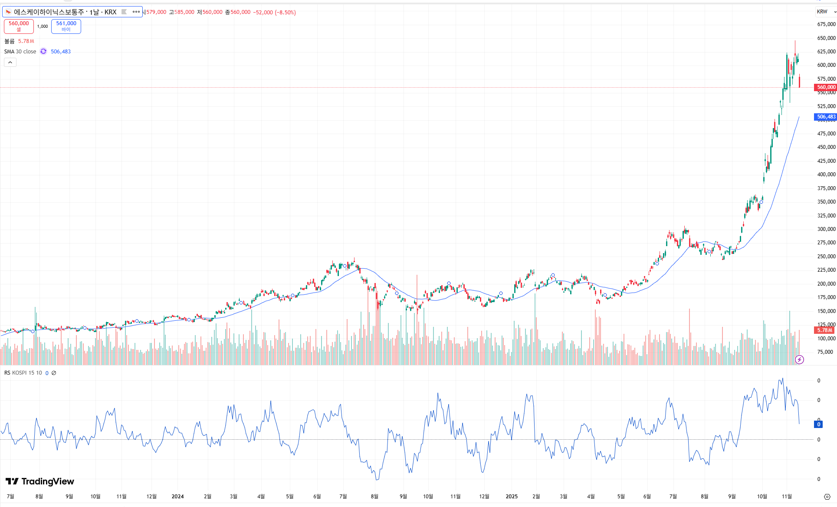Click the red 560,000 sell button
coord(19,26)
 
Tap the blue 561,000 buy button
coord(66,26)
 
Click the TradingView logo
coord(40,481)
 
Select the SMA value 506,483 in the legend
coord(61,52)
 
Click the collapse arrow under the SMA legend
coord(10,63)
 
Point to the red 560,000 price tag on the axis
coord(826,87)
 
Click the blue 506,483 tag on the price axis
coord(826,117)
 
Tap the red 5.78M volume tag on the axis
coord(824,330)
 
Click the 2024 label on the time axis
coord(177,497)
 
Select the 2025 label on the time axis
coord(512,497)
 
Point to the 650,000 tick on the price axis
coord(826,38)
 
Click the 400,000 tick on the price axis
coord(826,174)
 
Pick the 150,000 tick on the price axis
coord(826,311)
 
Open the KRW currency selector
coord(825,12)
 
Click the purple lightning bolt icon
coord(799,359)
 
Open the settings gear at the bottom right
coord(827,497)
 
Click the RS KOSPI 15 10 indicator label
coord(23,373)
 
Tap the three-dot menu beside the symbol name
coord(136,12)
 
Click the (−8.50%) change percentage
coord(285,13)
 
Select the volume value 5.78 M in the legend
coord(26,41)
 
